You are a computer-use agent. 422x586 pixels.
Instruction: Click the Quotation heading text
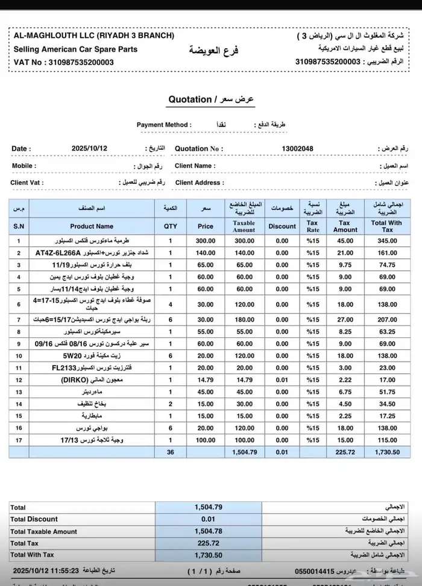pos(189,99)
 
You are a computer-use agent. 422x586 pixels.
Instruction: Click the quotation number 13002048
pos(297,149)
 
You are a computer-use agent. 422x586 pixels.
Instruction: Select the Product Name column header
pos(92,226)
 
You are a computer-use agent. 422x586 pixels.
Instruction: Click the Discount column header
pos(282,226)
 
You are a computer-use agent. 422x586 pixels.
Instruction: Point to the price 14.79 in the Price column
pos(206,379)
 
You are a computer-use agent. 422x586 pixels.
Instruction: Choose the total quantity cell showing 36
pos(171,451)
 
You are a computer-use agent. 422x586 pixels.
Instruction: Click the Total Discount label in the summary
pos(34,519)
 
